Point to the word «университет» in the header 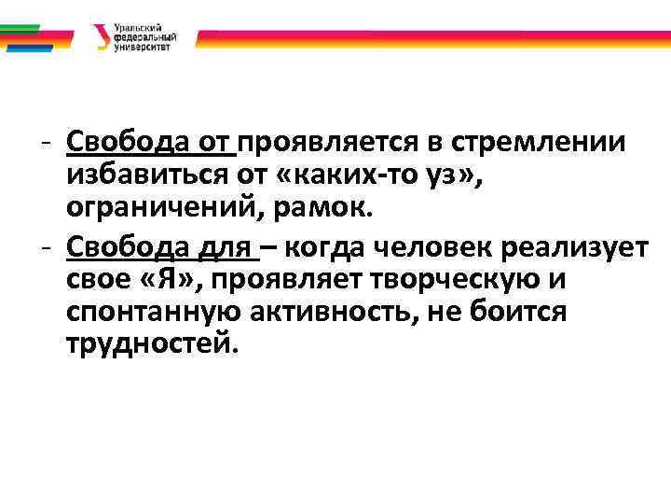(142, 47)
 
